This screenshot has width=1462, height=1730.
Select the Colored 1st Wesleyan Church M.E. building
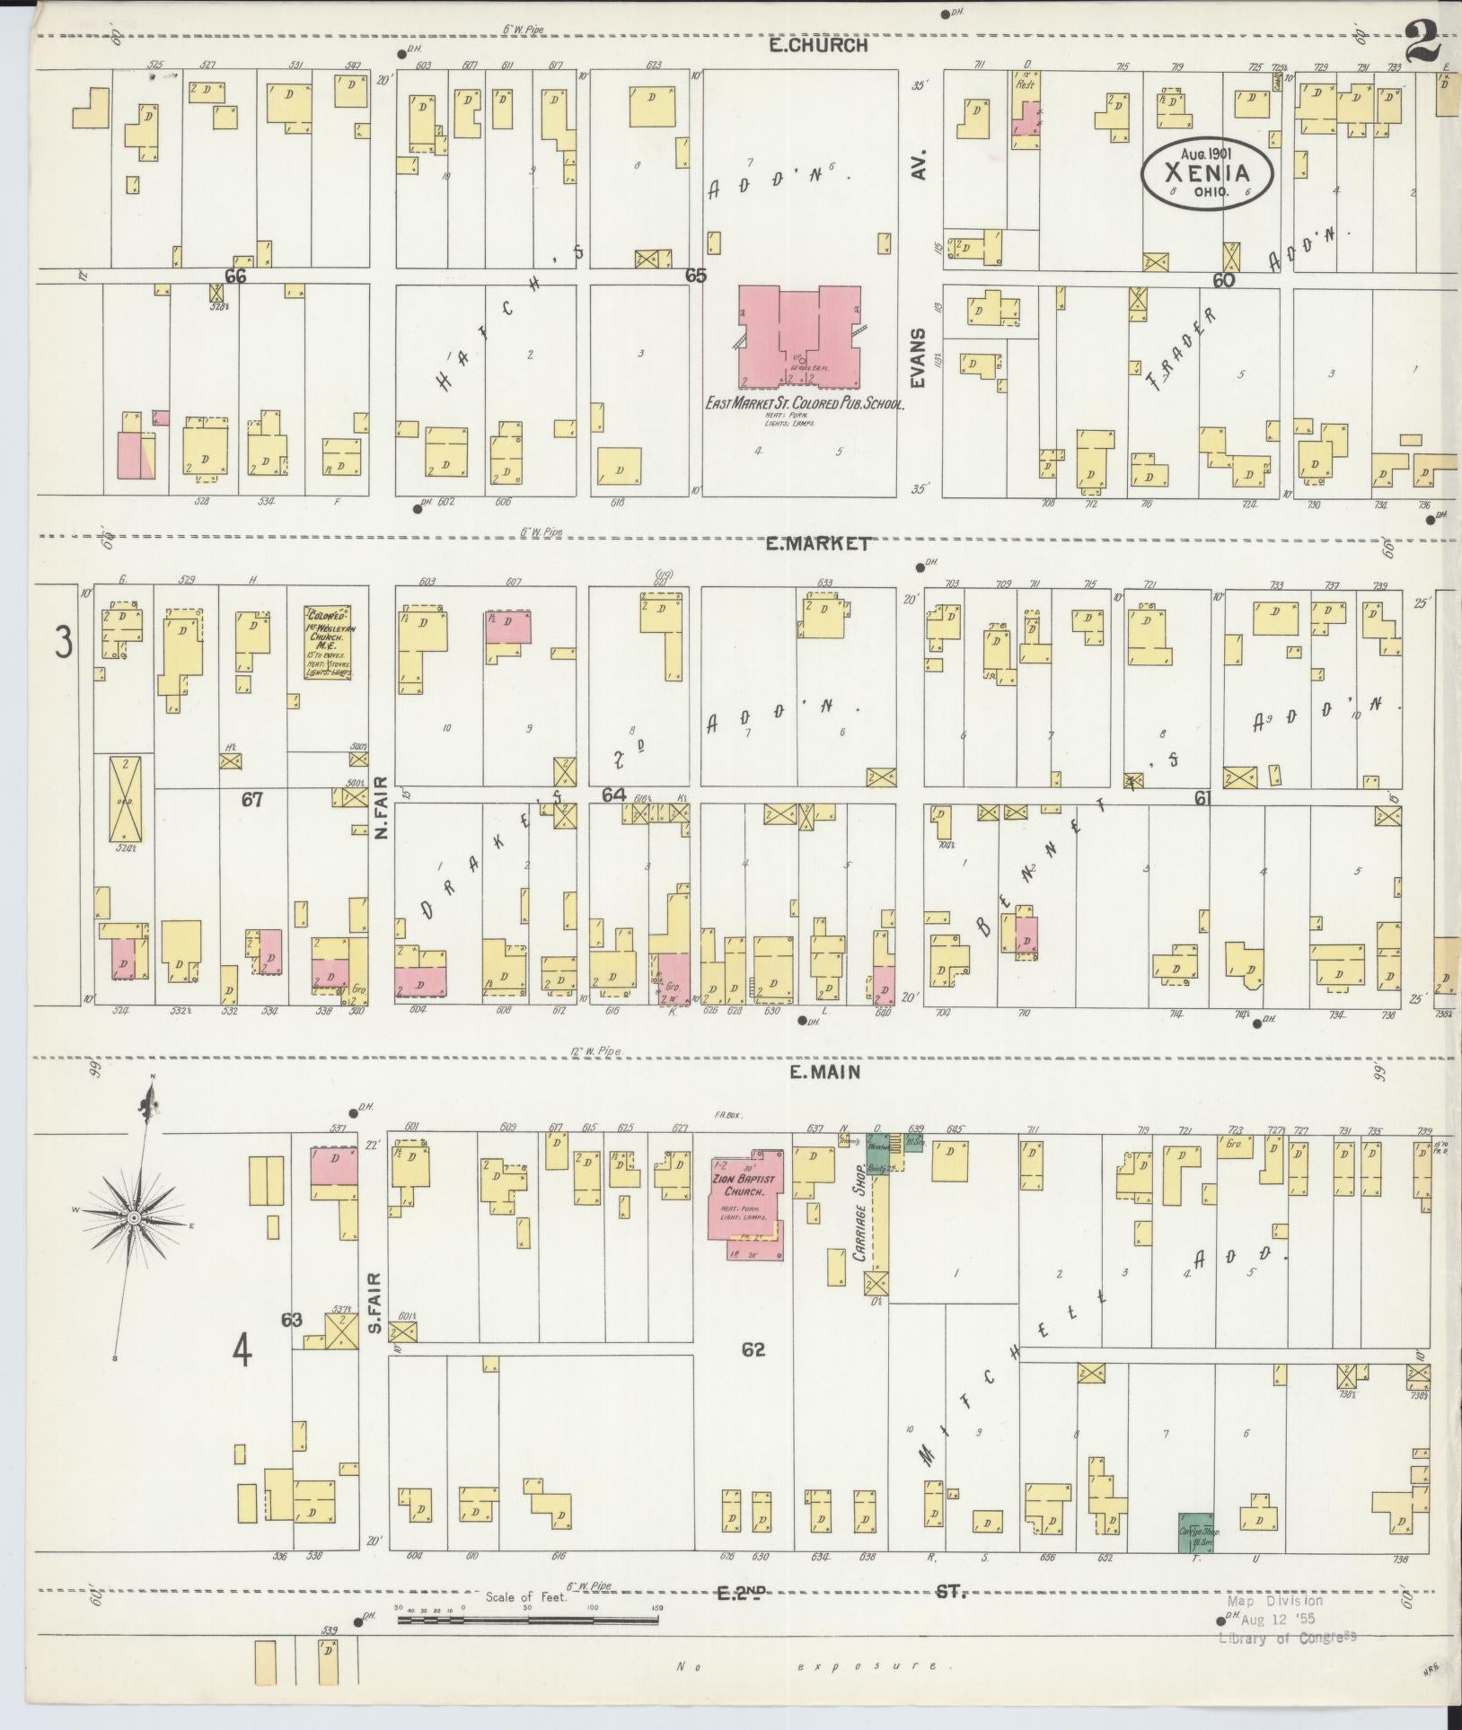[x=327, y=642]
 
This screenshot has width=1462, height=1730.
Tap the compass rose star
[x=133, y=1217]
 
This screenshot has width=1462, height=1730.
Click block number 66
[x=236, y=277]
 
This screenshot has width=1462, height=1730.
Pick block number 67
[x=251, y=798]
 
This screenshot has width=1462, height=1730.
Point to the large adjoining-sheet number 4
[x=242, y=1352]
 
